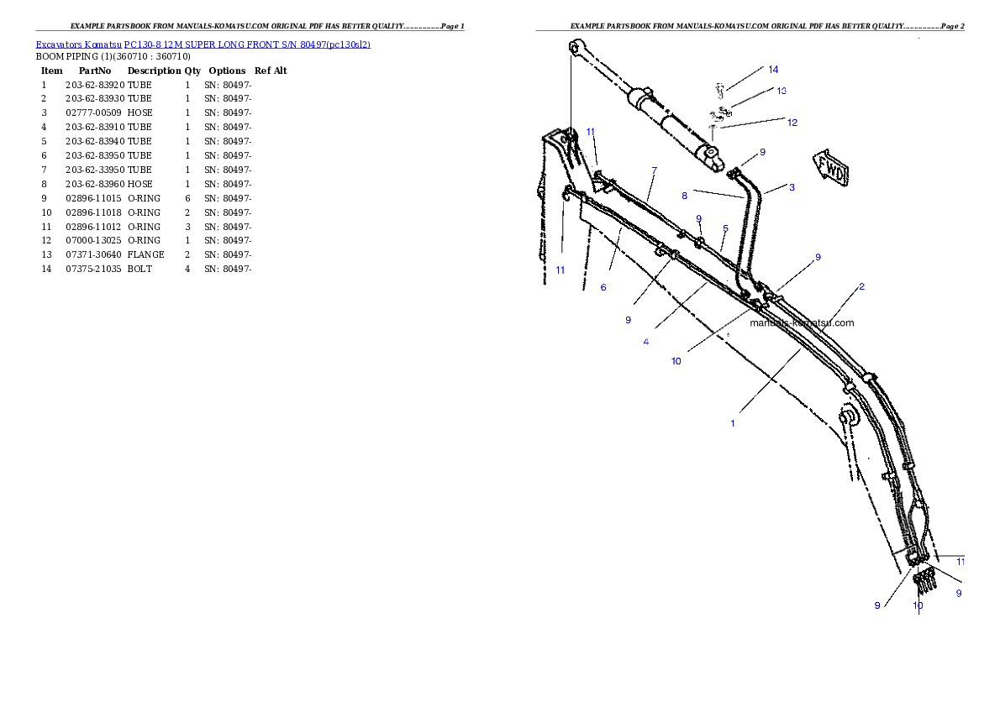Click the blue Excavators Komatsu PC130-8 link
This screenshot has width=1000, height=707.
pos(203,45)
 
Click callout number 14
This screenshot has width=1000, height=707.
pos(773,69)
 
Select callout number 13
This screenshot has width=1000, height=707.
pos(782,91)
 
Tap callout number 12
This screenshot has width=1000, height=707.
pos(792,123)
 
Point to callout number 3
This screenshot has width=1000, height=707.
pos(792,188)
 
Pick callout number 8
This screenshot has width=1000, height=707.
pos(685,196)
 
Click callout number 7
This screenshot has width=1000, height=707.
pos(655,170)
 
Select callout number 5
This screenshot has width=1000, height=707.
pos(725,228)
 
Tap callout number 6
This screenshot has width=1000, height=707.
pos(603,288)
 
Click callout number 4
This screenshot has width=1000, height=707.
pos(645,342)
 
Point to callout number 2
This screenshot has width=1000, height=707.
pos(861,287)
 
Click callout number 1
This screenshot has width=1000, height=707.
pos(732,423)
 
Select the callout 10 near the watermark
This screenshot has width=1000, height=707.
pos(676,362)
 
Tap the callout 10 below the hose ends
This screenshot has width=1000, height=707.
pos(918,605)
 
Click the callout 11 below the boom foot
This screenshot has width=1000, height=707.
pos(560,270)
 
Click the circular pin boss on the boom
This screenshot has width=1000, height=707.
pos(848,416)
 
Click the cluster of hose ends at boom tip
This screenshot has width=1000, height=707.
pos(924,579)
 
